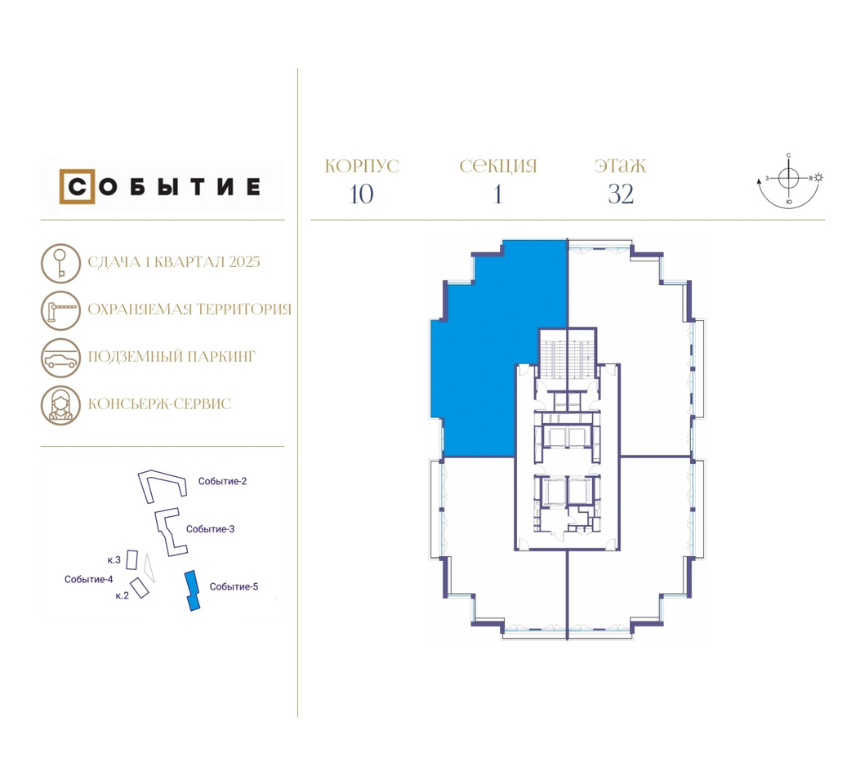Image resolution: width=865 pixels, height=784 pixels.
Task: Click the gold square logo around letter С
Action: (60, 186)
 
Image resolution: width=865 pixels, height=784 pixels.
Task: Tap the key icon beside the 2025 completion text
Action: (60, 264)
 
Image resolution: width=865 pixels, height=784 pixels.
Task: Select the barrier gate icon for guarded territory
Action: (60, 310)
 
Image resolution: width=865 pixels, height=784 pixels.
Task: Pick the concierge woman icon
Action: (60, 406)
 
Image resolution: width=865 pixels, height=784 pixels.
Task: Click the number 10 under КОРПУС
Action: (361, 194)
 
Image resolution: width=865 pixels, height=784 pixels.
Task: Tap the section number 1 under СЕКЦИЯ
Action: (498, 194)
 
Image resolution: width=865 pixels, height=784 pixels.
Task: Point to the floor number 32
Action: (621, 194)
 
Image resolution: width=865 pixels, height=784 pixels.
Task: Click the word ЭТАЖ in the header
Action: (620, 166)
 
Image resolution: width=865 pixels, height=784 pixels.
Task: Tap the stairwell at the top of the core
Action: (567, 359)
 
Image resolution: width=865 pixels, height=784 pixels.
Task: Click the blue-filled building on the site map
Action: (192, 591)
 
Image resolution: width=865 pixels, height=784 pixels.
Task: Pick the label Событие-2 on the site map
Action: (222, 481)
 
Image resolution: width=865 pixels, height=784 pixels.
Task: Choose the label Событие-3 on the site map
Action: (210, 529)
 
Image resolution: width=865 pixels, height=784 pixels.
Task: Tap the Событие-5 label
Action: (234, 587)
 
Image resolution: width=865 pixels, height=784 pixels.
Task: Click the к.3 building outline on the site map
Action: (132, 560)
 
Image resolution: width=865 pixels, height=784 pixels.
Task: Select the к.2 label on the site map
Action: (122, 596)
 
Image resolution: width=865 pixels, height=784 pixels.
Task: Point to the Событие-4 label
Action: (89, 579)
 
